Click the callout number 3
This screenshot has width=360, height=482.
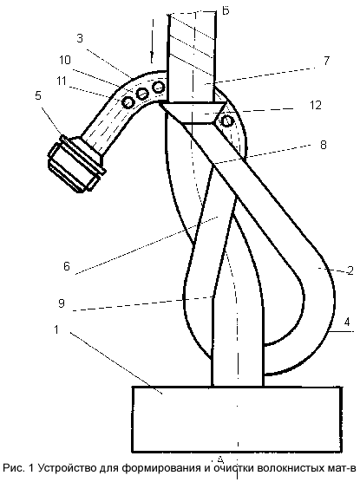[80, 39]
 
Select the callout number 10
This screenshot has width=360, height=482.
[65, 60]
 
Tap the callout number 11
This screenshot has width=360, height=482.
[62, 81]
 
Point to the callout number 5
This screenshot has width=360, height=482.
[38, 95]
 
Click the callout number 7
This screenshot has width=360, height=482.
[326, 61]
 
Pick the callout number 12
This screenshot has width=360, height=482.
[316, 105]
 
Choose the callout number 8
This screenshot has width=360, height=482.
[323, 145]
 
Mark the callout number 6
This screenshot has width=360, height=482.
[67, 266]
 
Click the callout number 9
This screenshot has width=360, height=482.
[62, 303]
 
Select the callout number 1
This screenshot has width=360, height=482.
[56, 329]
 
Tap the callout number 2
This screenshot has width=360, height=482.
[350, 270]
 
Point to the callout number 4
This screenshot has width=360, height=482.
[347, 322]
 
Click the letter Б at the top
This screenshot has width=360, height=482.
[226, 11]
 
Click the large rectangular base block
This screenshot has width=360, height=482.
[237, 420]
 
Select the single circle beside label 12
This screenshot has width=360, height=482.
[226, 121]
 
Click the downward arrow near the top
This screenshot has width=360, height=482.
[153, 40]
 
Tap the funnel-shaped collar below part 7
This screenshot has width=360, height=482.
[193, 113]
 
